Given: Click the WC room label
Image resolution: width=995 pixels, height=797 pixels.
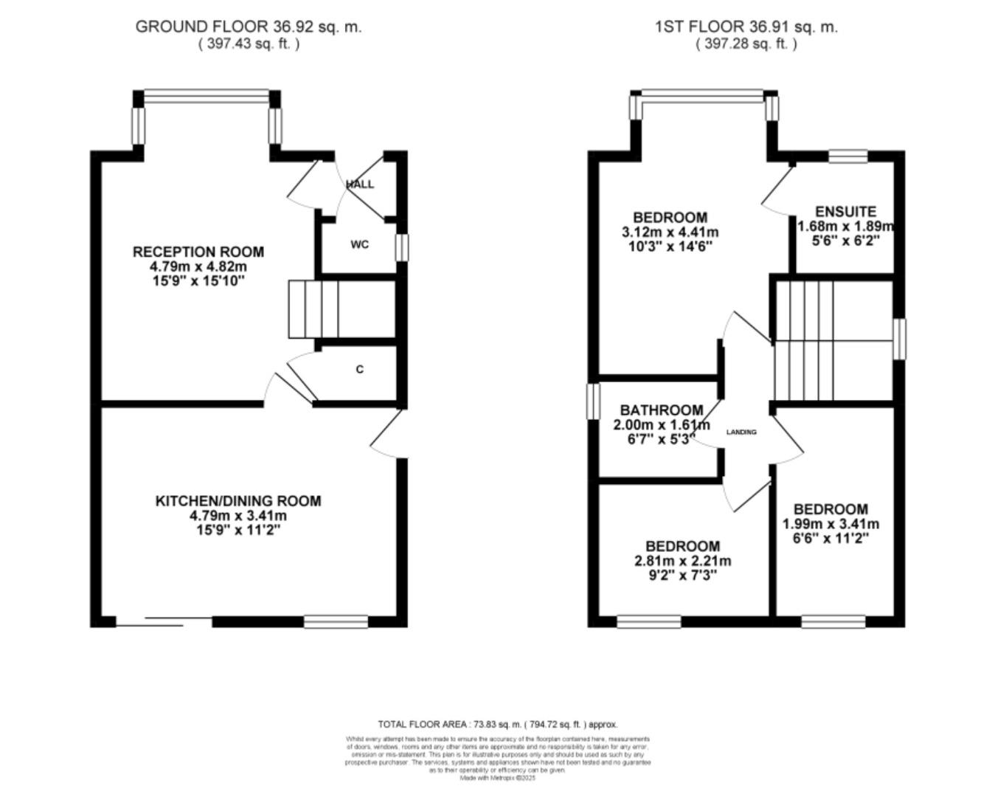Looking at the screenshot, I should pyautogui.click(x=359, y=244).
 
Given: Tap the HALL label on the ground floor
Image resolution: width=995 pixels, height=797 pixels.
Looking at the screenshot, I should pyautogui.click(x=360, y=184).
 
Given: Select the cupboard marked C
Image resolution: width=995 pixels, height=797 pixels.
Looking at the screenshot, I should pyautogui.click(x=359, y=369).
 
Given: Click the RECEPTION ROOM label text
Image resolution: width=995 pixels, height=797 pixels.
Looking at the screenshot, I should pyautogui.click(x=198, y=252).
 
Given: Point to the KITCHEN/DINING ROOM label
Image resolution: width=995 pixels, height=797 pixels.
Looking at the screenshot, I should pyautogui.click(x=238, y=501).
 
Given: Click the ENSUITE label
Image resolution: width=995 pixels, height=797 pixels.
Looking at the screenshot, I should pyautogui.click(x=845, y=212).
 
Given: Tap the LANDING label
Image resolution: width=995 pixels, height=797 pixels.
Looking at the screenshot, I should pyautogui.click(x=741, y=432).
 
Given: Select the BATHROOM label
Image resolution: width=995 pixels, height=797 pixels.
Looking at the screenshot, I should pyautogui.click(x=662, y=410).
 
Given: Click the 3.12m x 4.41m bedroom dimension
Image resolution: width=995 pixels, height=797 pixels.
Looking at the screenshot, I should pyautogui.click(x=670, y=232).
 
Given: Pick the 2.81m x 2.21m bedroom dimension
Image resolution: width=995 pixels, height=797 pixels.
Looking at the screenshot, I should pyautogui.click(x=682, y=561).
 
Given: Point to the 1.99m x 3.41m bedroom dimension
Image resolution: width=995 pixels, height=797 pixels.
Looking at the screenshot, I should pyautogui.click(x=831, y=524).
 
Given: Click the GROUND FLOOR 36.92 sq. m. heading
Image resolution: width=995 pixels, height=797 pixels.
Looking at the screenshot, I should pyautogui.click(x=249, y=27).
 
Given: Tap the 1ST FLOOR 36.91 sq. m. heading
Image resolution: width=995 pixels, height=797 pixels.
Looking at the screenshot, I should pyautogui.click(x=746, y=27).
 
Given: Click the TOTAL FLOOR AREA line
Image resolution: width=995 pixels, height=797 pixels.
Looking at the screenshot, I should pyautogui.click(x=497, y=725).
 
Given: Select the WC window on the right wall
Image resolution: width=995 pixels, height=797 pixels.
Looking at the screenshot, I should pyautogui.click(x=401, y=247).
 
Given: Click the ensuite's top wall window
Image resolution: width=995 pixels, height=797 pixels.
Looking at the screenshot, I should pyautogui.click(x=847, y=156).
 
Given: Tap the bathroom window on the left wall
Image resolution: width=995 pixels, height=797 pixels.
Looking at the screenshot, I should pyautogui.click(x=593, y=400).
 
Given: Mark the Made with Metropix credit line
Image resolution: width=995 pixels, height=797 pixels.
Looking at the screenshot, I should pyautogui.click(x=497, y=778).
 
